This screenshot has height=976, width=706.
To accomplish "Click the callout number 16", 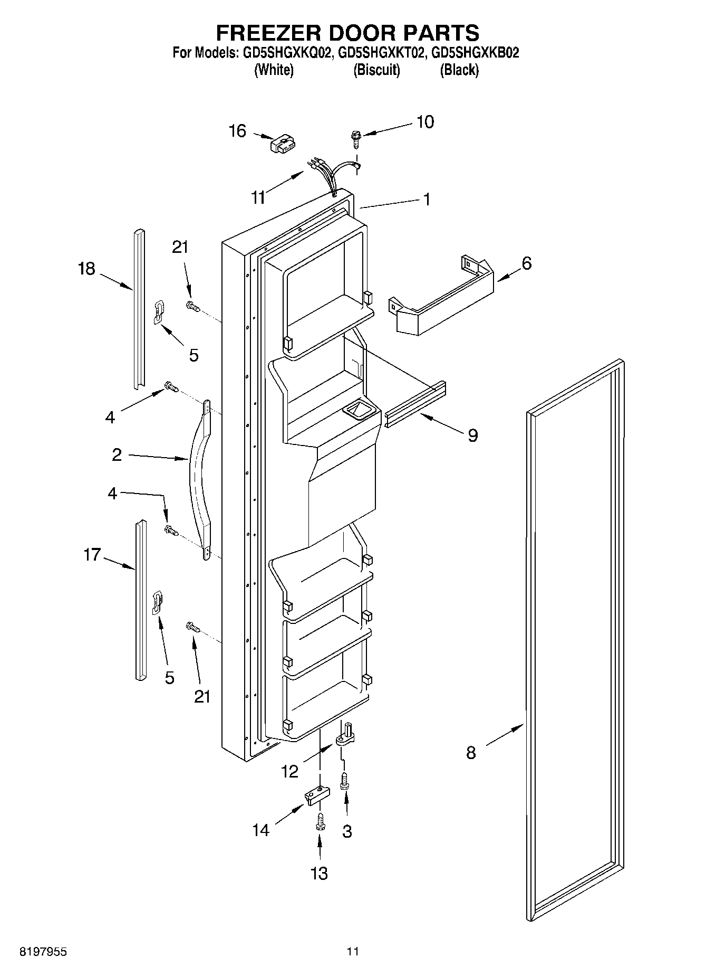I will pyautogui.click(x=238, y=131).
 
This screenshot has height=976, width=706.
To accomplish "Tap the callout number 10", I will pyautogui.click(x=425, y=122).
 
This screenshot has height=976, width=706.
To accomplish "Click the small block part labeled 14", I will pyautogui.click(x=316, y=795).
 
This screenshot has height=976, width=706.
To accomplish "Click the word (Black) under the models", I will pyautogui.click(x=459, y=70).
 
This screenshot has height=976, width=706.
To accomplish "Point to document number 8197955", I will pyautogui.click(x=43, y=952).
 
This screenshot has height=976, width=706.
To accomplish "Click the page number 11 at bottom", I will pyautogui.click(x=353, y=952).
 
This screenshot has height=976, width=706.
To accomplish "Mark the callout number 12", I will pyautogui.click(x=289, y=772).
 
